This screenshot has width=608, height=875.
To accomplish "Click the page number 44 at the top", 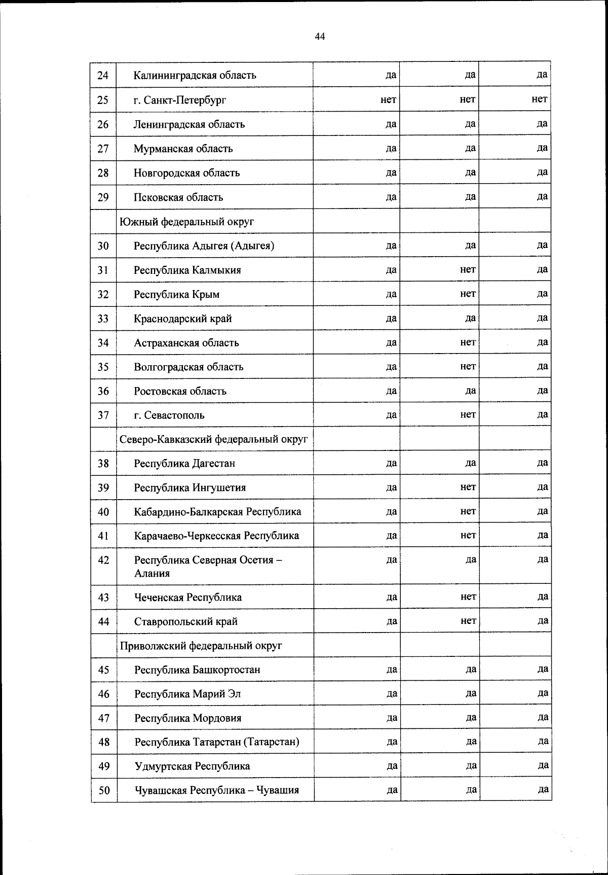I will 320,37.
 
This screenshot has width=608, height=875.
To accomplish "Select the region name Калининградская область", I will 195,76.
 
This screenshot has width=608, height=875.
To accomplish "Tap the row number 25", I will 103,100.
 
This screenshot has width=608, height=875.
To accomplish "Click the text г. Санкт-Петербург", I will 180,100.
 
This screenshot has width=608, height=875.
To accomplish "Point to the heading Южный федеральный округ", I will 186,222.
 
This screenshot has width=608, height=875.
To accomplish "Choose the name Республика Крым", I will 176,295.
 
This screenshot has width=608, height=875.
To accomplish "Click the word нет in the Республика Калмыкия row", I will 468,269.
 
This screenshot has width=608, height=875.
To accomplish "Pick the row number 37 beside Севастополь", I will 103,415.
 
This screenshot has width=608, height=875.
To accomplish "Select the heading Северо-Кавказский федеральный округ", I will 213,439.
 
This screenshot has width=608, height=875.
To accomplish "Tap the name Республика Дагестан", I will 184,464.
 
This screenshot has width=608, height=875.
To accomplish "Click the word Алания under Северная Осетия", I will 152,574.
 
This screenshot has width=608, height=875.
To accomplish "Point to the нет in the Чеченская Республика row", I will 468,597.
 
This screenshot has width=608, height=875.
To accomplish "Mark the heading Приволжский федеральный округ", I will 201,646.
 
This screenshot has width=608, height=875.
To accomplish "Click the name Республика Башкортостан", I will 197,670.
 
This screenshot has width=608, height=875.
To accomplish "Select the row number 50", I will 104,790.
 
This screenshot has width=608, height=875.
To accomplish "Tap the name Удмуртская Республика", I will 192,766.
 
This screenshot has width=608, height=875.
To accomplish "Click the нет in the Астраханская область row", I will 468,342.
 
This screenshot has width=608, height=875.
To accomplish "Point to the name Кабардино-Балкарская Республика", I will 217,512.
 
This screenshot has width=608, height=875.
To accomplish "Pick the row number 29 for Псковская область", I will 103,197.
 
